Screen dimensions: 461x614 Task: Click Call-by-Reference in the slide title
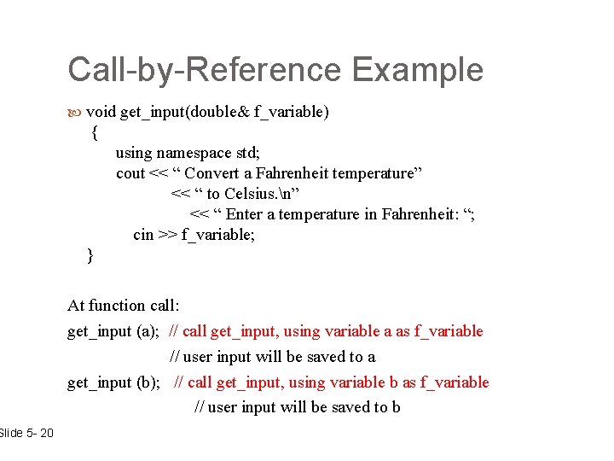205,70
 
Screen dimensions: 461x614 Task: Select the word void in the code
101,112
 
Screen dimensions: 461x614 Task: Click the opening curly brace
95,133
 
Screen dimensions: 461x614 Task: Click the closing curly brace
90,255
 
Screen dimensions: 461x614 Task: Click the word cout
130,173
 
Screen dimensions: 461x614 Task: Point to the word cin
143,235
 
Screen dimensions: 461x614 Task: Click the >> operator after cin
167,235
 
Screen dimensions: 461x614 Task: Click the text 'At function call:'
124,305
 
